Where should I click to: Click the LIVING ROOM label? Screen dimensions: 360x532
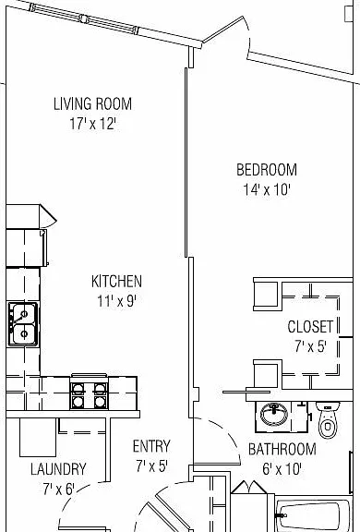pyautogui.click(x=92, y=103)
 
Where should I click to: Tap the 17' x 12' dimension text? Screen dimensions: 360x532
pyautogui.click(x=93, y=124)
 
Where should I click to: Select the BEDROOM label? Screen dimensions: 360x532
pyautogui.click(x=267, y=170)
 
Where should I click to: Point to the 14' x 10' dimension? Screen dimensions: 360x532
pyautogui.click(x=267, y=189)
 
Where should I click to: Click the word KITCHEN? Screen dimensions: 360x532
pyautogui.click(x=116, y=282)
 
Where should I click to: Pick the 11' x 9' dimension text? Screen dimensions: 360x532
pyautogui.click(x=116, y=300)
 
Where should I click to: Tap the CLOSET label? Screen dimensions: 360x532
pyautogui.click(x=310, y=326)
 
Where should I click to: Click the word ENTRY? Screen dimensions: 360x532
pyautogui.click(x=151, y=446)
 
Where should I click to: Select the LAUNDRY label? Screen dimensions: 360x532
pyautogui.click(x=58, y=469)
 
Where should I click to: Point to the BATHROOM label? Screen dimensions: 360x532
pyautogui.click(x=282, y=449)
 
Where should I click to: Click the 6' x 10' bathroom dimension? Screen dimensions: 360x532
pyautogui.click(x=282, y=469)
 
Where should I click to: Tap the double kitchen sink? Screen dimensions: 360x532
pyautogui.click(x=23, y=324)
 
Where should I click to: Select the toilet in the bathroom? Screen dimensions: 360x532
pyautogui.click(x=328, y=419)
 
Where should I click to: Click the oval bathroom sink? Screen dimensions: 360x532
pyautogui.click(x=274, y=414)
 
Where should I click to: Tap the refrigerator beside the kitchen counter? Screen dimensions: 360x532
pyautogui.click(x=27, y=248)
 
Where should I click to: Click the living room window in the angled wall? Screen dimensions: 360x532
pyautogui.click(x=85, y=19)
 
